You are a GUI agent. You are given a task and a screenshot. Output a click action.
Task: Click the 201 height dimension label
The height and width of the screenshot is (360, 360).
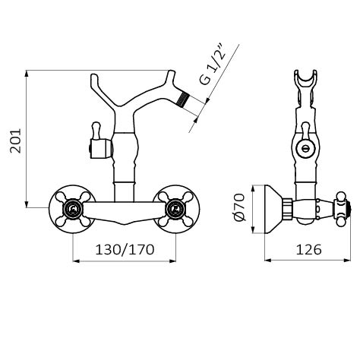point(15,141)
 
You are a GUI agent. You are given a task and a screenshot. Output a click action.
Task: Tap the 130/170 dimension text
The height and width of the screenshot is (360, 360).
point(125,250)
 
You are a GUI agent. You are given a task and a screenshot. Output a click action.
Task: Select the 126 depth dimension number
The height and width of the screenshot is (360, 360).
point(309,250)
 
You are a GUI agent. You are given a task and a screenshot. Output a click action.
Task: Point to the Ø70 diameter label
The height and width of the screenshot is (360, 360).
point(239,207)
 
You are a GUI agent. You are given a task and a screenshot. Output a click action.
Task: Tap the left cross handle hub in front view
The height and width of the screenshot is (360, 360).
point(73,209)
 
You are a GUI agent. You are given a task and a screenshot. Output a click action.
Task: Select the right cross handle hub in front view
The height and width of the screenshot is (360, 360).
point(175,209)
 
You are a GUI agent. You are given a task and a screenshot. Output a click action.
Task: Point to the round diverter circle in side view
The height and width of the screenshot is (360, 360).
point(306,147)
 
